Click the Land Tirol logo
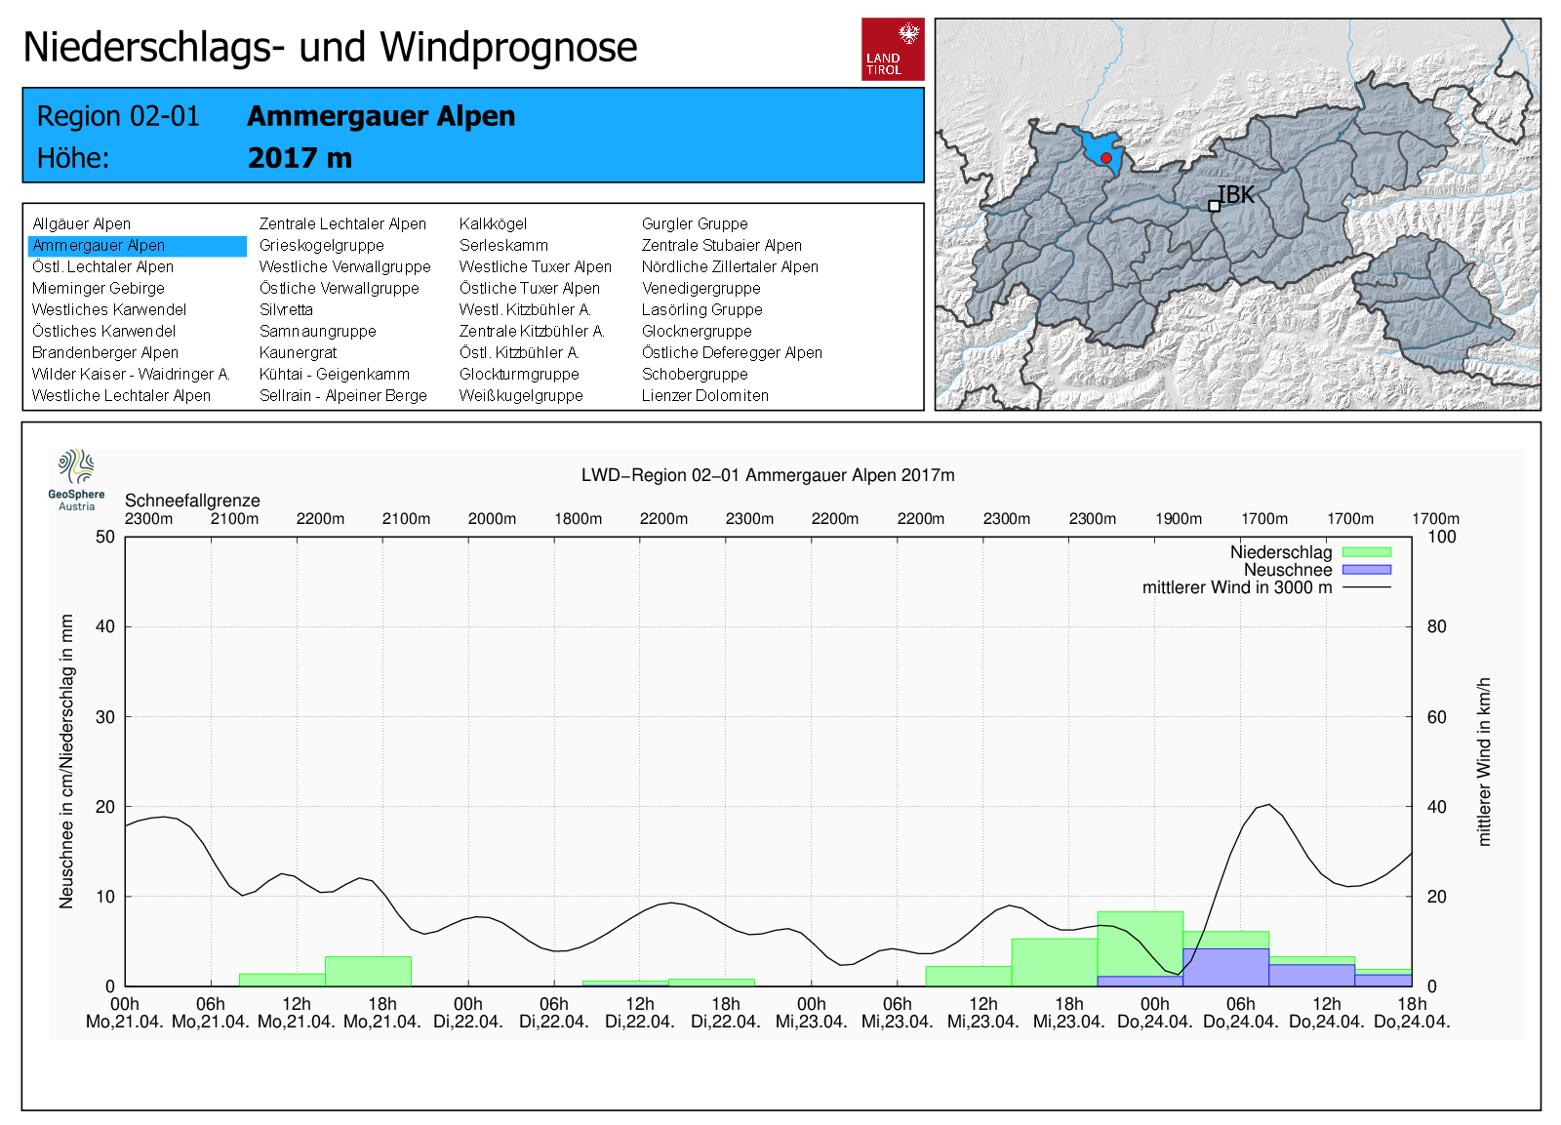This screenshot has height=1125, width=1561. click(893, 50)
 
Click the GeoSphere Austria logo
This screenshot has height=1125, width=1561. click(76, 480)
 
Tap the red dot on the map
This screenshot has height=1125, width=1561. click(1106, 158)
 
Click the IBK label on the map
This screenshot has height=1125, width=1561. click(1235, 195)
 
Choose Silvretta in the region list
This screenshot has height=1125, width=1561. click(286, 309)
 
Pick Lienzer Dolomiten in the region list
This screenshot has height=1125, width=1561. click(704, 395)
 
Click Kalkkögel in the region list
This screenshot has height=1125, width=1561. click(493, 223)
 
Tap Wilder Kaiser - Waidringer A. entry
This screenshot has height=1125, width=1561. click(131, 374)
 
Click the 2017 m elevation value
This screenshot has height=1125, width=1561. click(300, 158)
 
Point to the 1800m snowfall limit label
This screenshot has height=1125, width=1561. click(578, 518)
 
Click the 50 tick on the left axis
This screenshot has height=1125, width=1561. click(105, 537)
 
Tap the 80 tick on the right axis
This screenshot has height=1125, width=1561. click(1436, 626)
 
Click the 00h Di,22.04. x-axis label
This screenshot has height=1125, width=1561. click(468, 1013)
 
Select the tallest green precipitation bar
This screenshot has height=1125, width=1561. click(1141, 948)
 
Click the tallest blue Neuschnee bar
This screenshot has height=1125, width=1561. click(1225, 968)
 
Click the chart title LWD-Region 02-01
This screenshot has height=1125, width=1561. click(768, 475)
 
